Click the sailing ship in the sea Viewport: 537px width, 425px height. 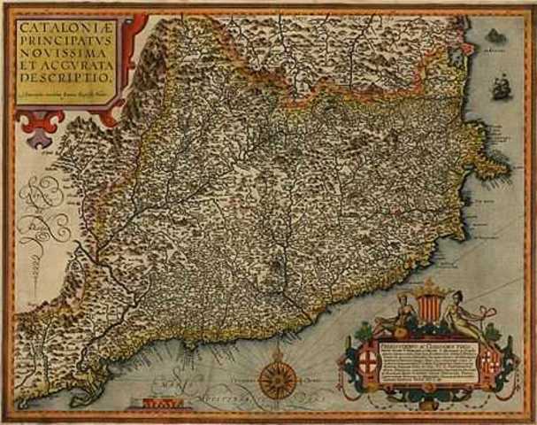click(x=500, y=87)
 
